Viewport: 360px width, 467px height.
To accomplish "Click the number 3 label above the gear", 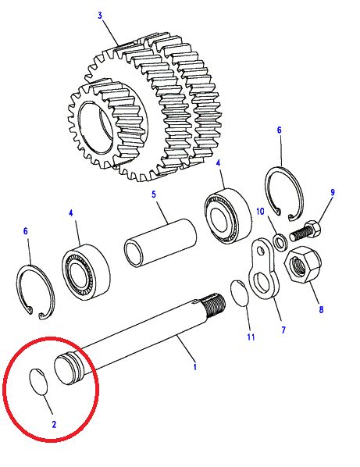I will tap(100, 15).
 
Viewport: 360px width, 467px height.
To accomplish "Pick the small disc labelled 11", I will tap(240, 295).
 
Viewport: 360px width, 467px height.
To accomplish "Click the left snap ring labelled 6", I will tap(36, 294).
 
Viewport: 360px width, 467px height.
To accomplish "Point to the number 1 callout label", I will tap(195, 365).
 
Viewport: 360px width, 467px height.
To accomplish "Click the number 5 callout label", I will tap(155, 193).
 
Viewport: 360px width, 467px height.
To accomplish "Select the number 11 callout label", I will tap(250, 337).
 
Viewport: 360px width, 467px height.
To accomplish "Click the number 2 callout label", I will tap(54, 426).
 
